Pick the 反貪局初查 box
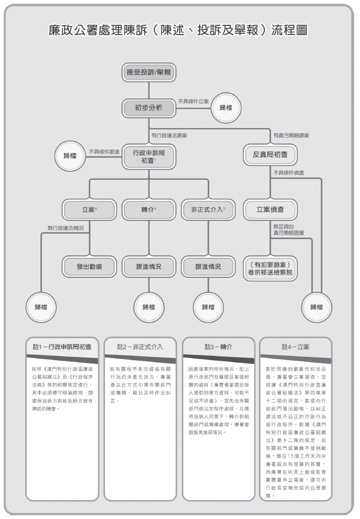point(269,154)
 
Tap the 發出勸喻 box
point(89,266)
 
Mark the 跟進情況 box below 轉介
point(149,266)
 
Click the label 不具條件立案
point(194,101)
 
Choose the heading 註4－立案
point(295,347)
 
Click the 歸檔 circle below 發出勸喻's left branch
point(41,307)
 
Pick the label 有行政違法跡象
point(170,135)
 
